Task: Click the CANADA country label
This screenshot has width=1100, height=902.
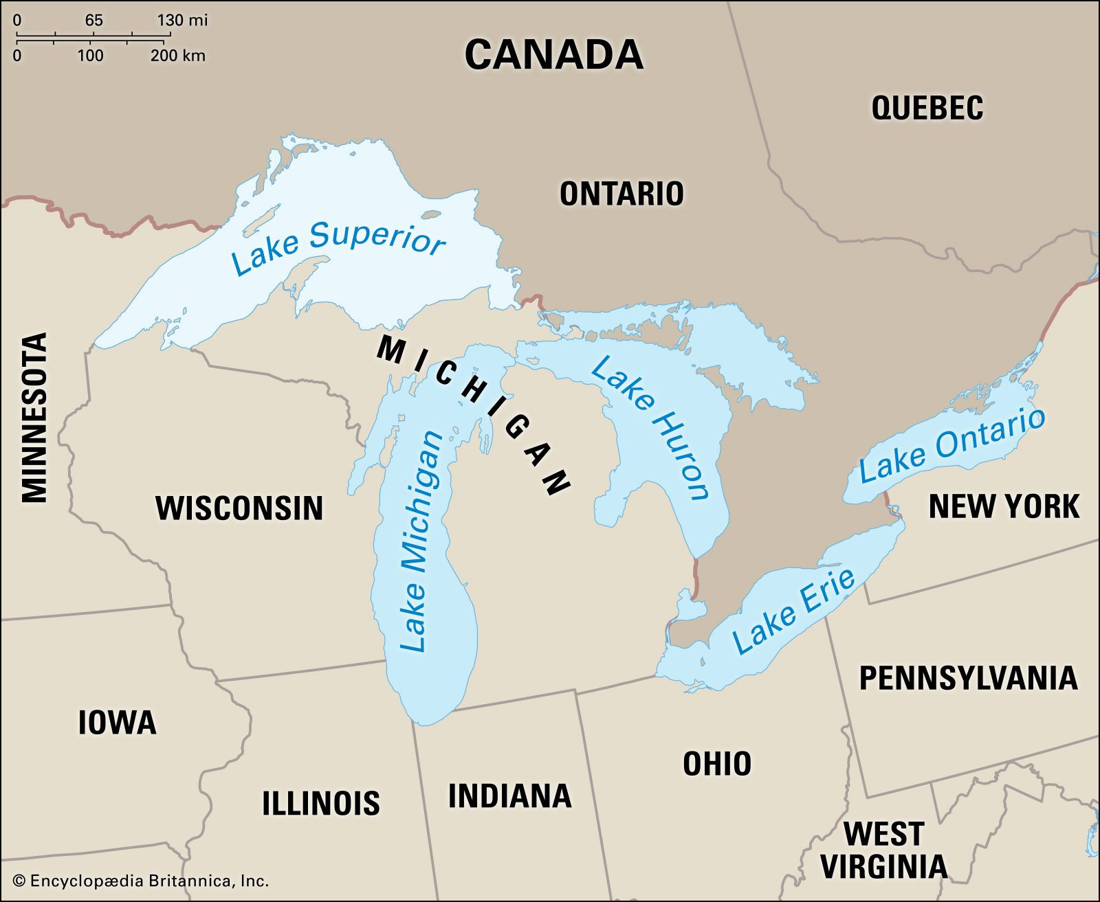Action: coord(553,54)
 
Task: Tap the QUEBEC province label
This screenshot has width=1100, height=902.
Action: coord(927,109)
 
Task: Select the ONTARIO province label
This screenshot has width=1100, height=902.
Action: coord(621,194)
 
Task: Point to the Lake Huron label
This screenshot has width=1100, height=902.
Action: coord(650,427)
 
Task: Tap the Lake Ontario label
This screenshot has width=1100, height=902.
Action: coord(952,445)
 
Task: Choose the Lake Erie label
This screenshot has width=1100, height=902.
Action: coord(793,611)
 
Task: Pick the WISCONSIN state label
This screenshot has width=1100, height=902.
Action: coord(239,508)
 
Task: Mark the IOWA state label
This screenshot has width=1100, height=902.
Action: coord(117,723)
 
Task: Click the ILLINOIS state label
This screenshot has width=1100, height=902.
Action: coord(320,802)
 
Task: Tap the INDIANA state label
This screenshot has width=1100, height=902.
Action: coord(509,796)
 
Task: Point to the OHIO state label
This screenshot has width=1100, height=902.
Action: coord(716,763)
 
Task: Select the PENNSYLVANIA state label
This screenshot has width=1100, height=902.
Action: coord(968,678)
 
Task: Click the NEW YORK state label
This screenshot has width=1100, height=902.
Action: coord(1003,506)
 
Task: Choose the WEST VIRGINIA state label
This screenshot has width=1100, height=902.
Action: coord(883,850)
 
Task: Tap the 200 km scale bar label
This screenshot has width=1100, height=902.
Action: coord(177,56)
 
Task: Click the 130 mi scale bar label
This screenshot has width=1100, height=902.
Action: coord(181,20)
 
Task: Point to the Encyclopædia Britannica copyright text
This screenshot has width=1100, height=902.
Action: coord(141,881)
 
